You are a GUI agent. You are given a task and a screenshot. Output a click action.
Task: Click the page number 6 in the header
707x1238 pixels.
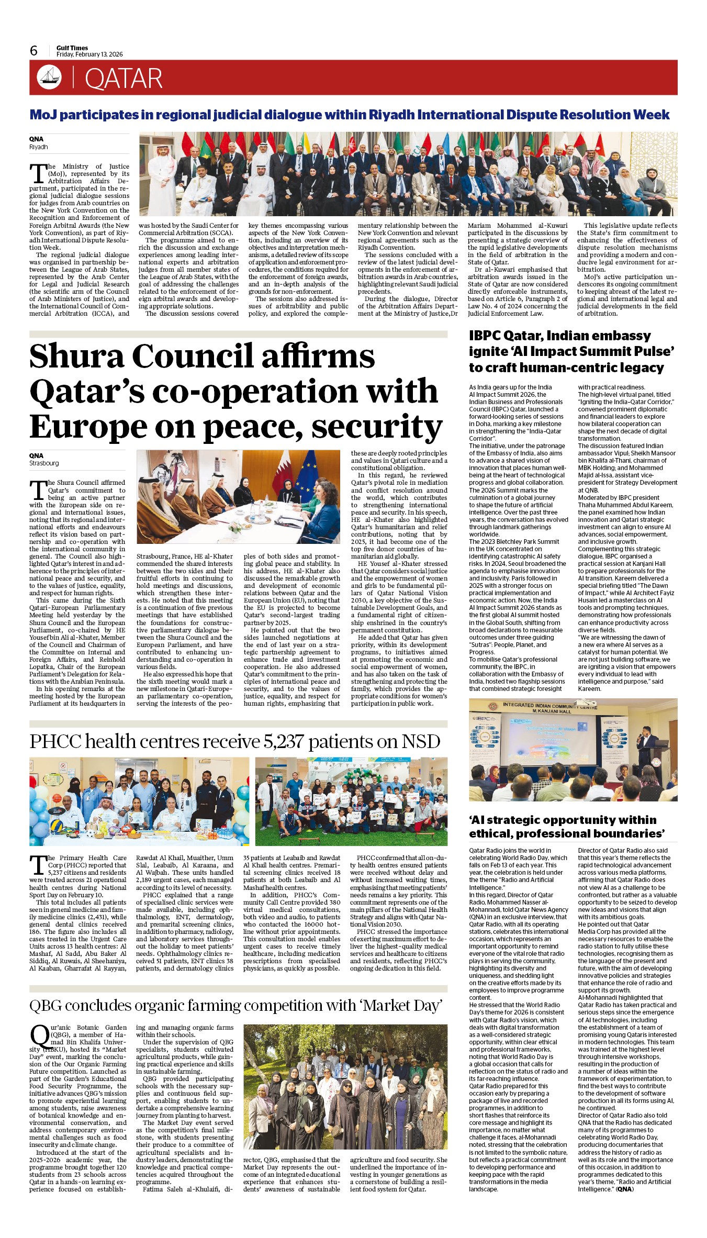coord(34,51)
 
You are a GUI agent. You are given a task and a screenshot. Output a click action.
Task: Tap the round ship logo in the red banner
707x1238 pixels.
coord(49,77)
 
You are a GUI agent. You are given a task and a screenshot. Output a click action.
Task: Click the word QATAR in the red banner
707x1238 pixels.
coord(124,79)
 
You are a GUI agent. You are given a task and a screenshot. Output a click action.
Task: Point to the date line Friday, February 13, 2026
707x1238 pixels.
coord(89,54)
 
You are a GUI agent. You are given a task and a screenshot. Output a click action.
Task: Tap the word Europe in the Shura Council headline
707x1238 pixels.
coord(88,427)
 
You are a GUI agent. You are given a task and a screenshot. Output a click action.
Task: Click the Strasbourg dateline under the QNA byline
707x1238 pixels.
coord(44,463)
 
